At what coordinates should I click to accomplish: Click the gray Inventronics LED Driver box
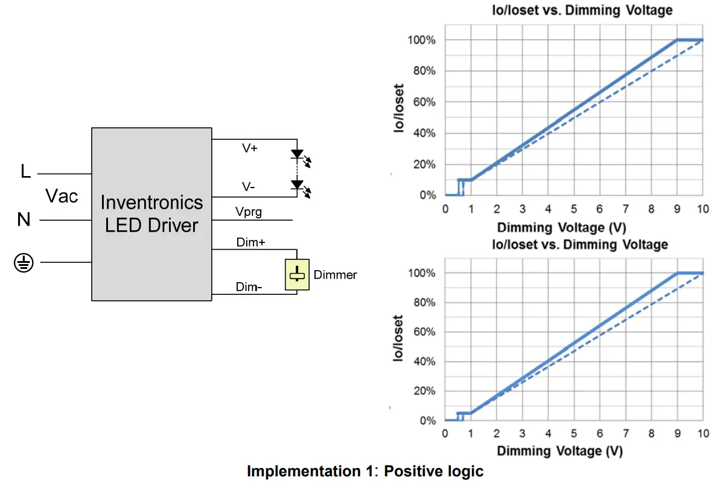click(x=151, y=213)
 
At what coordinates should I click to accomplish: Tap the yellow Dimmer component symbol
click(x=297, y=275)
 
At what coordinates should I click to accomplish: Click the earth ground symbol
click(x=24, y=263)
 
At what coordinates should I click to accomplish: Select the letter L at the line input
click(x=25, y=172)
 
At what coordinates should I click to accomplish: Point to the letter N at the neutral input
click(x=24, y=219)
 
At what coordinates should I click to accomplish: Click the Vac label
click(x=62, y=196)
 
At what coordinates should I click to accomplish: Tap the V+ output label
click(x=250, y=148)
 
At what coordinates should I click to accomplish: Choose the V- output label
click(x=248, y=188)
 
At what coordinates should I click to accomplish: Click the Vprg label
click(x=250, y=212)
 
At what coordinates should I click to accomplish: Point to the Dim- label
click(x=249, y=287)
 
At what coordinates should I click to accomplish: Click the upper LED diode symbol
click(x=297, y=154)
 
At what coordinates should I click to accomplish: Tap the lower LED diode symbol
click(x=297, y=184)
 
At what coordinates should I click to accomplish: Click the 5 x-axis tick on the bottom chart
click(x=574, y=434)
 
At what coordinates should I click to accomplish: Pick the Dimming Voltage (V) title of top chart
click(x=561, y=227)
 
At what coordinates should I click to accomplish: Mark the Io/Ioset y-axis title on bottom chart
click(x=399, y=338)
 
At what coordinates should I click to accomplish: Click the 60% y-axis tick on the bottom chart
click(x=424, y=332)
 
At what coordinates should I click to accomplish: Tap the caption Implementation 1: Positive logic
click(x=365, y=471)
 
